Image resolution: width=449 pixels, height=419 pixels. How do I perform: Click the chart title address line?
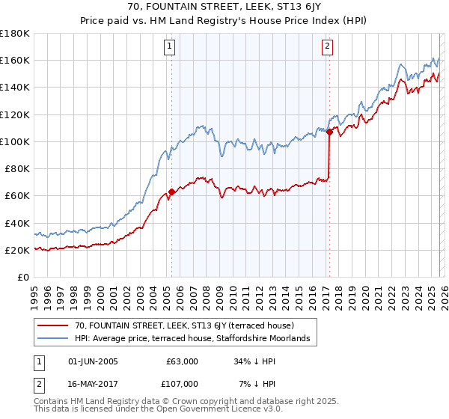[x=224, y=8]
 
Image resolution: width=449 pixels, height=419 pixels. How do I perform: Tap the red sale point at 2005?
[x=171, y=192]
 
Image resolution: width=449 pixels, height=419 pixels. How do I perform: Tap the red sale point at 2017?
[x=329, y=132]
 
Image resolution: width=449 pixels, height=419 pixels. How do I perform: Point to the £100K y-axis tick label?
[x=15, y=141]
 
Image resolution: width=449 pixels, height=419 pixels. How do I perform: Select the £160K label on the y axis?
[x=15, y=60]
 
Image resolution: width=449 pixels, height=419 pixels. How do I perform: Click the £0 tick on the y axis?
[x=22, y=277]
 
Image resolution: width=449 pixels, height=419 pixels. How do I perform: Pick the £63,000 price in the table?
[x=182, y=361]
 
